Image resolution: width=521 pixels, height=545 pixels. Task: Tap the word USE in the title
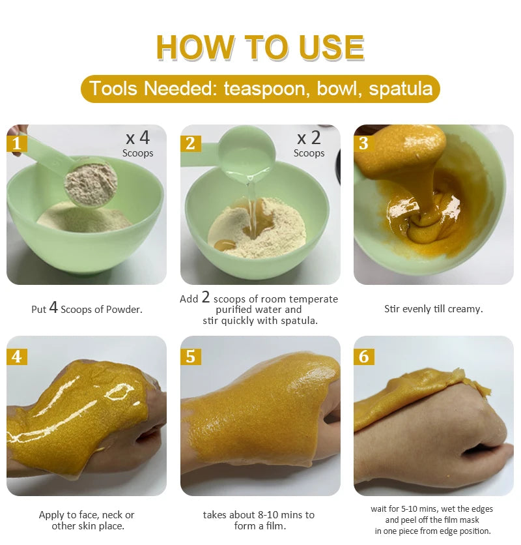pyautogui.click(x=331, y=47)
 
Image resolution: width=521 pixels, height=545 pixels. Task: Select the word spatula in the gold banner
pyautogui.click(x=401, y=89)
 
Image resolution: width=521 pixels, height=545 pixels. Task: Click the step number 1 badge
pyautogui.click(x=17, y=143)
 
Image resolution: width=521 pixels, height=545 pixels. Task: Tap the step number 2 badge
pyautogui.click(x=190, y=143)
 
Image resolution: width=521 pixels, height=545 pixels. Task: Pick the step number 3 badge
pyautogui.click(x=363, y=143)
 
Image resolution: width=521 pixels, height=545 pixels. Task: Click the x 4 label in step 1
pyautogui.click(x=138, y=138)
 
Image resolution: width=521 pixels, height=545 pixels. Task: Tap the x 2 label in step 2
pyautogui.click(x=309, y=138)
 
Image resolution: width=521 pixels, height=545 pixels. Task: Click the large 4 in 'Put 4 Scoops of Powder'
pyautogui.click(x=53, y=307)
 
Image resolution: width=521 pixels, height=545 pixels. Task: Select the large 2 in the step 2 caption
pyautogui.click(x=206, y=297)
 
